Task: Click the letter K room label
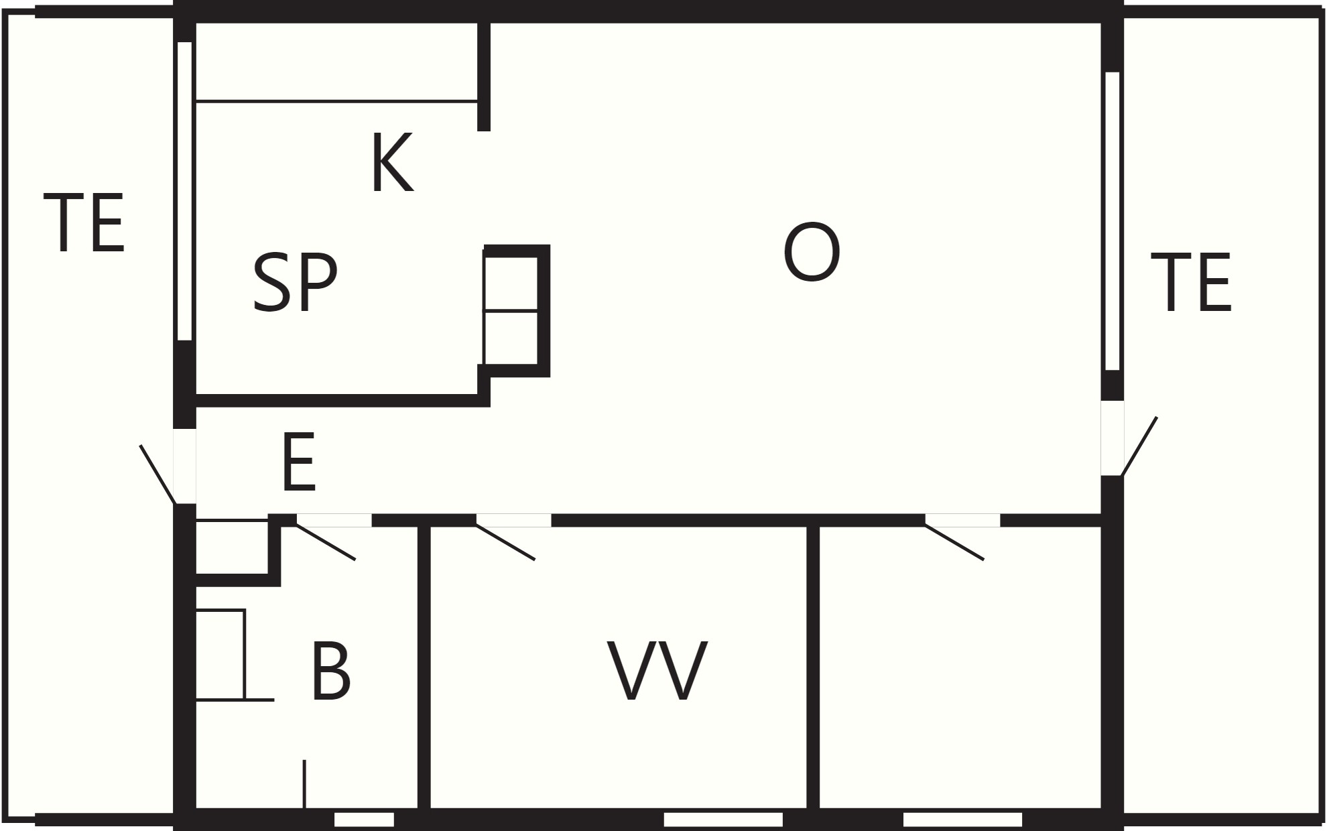[392, 163]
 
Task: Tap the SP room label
[295, 283]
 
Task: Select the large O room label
[812, 252]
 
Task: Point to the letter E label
[299, 462]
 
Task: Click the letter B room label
[331, 671]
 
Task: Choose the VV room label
[657, 671]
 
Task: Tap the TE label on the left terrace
[84, 222]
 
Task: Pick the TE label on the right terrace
[1191, 282]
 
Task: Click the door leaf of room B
[326, 542]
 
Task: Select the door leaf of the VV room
[505, 542]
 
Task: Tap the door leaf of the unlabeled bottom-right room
[954, 542]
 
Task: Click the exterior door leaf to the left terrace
[157, 474]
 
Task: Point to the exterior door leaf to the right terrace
[1139, 446]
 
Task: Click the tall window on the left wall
[185, 191]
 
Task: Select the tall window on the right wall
[1113, 221]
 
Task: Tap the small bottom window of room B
[364, 820]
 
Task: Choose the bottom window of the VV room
[723, 820]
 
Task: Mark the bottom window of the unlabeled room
[962, 820]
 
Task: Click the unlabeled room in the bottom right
[960, 667]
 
